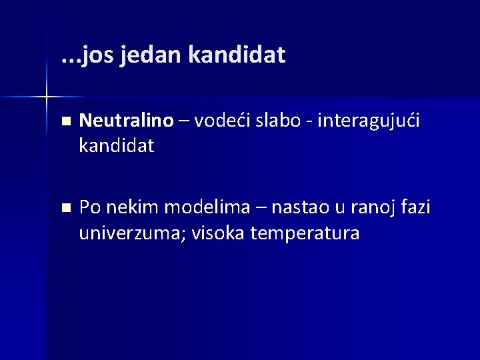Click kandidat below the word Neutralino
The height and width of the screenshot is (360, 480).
tap(116, 146)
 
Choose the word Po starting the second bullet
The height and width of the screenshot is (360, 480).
tap(89, 208)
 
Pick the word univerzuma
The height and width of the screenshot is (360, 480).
tap(130, 234)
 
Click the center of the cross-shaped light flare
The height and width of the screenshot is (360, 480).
tap(46, 97)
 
